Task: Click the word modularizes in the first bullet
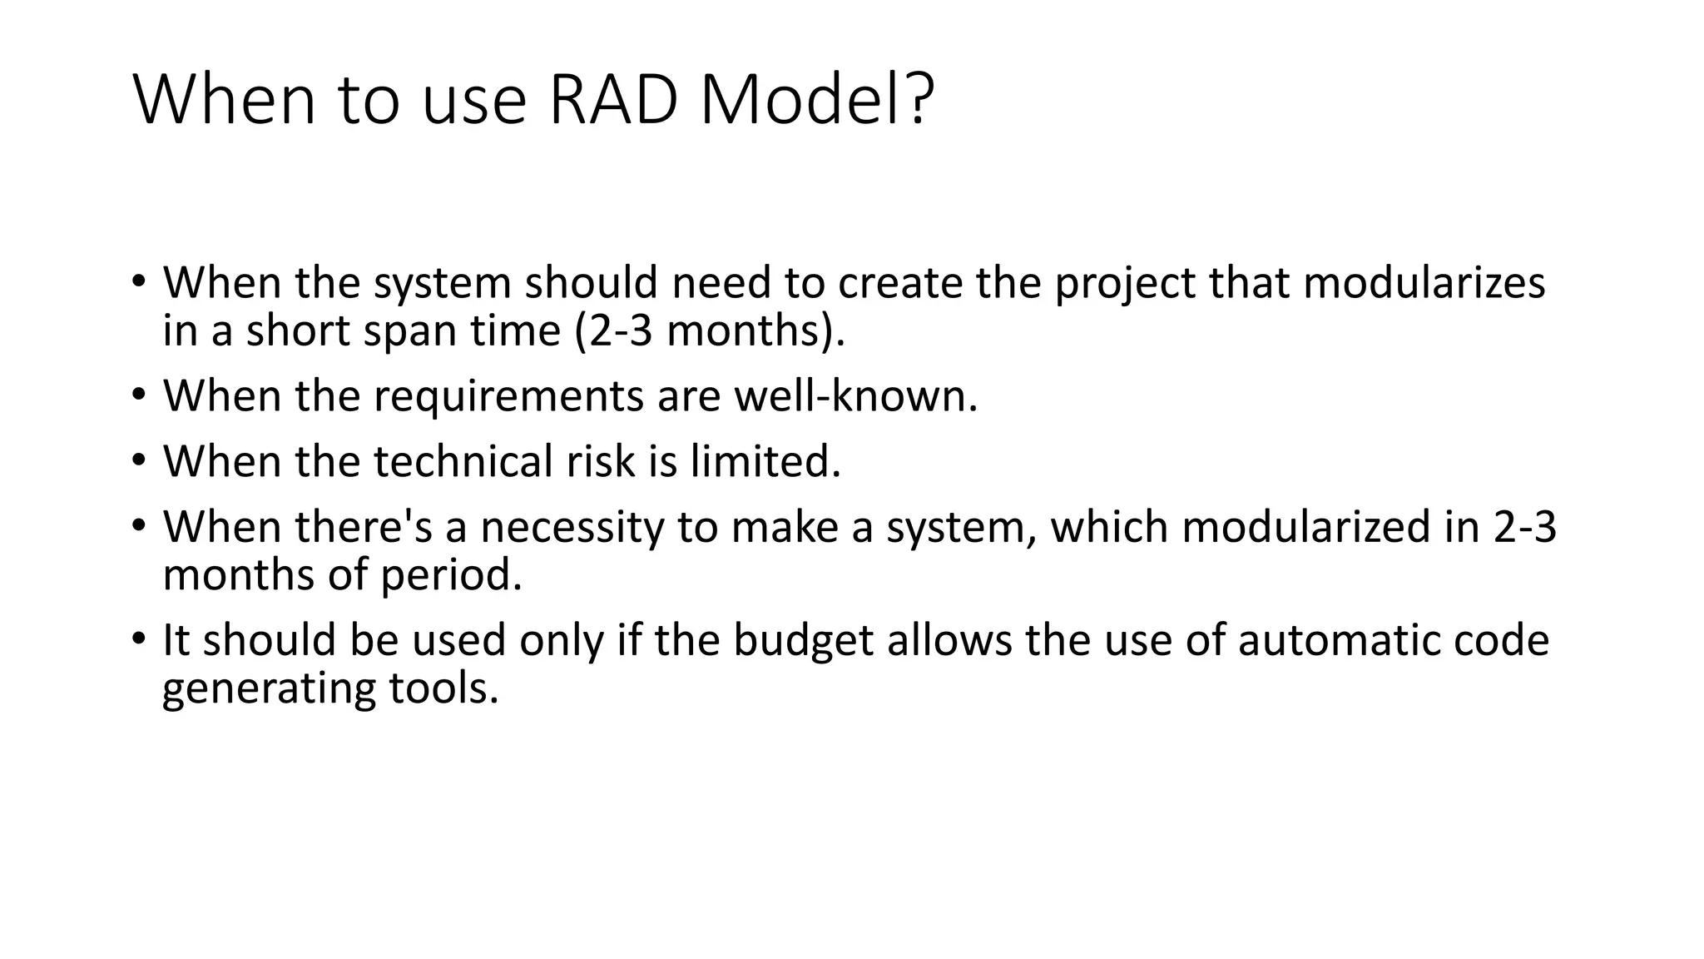[x=1424, y=283]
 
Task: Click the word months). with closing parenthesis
[x=755, y=331]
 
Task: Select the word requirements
[x=508, y=396]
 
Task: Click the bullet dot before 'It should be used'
[x=138, y=639]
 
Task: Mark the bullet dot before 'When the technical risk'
[x=138, y=460]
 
